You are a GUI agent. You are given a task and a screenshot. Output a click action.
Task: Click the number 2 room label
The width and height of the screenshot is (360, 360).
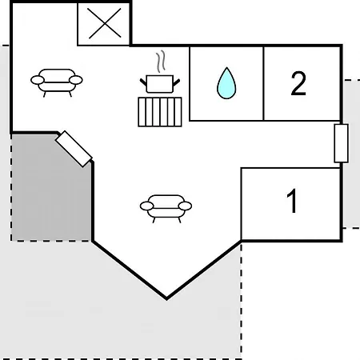click(x=298, y=83)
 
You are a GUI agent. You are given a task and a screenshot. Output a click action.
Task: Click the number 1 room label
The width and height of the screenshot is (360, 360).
click(x=292, y=201)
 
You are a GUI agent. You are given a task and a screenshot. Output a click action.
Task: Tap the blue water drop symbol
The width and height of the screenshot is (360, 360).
click(x=226, y=83)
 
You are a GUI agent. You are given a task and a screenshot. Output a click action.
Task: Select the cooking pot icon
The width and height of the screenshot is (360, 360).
click(x=160, y=84)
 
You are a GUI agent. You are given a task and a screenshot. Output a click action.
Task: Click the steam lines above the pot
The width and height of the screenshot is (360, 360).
click(x=161, y=62)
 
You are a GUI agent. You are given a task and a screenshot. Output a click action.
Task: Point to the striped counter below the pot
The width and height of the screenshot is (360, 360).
click(x=160, y=112)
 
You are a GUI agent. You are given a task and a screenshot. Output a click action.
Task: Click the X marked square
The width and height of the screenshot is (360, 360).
click(x=104, y=23)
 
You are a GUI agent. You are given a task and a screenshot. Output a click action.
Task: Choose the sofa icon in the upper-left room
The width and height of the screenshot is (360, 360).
click(x=57, y=82)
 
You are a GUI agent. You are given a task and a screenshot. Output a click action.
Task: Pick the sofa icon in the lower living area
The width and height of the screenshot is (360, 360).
click(x=166, y=209)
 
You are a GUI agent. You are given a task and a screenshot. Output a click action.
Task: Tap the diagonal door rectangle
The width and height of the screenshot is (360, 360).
click(x=74, y=149)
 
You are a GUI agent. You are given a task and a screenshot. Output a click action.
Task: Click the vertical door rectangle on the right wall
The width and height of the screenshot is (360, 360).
click(x=342, y=143)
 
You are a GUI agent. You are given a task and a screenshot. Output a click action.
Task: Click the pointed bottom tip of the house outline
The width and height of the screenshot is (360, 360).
click(x=166, y=298)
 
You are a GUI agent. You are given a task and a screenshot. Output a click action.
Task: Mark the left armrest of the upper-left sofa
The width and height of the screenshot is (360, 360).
click(x=38, y=80)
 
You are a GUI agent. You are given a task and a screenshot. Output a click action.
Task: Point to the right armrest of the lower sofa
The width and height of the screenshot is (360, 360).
click(x=185, y=206)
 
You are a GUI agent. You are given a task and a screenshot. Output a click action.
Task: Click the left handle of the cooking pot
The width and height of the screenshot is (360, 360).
click(x=143, y=82)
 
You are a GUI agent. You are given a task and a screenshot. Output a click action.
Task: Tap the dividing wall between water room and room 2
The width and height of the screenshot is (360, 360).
click(x=263, y=83)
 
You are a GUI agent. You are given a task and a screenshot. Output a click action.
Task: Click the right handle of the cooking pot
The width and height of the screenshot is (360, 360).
click(x=177, y=82)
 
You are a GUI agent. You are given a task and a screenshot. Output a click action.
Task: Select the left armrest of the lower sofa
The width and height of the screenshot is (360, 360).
click(x=146, y=206)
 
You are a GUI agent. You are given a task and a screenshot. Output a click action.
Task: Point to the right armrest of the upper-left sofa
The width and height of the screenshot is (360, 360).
click(x=76, y=80)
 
